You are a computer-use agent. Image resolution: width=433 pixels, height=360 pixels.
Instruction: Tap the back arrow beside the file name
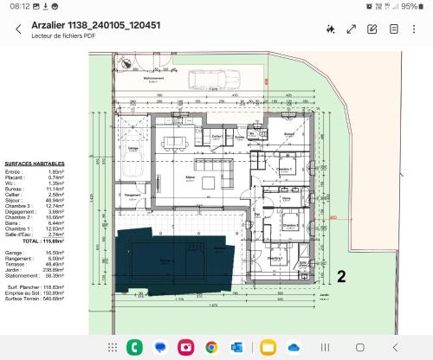pyautogui.click(x=18, y=29)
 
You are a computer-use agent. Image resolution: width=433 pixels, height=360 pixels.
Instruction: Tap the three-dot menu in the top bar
pyautogui.click(x=417, y=29)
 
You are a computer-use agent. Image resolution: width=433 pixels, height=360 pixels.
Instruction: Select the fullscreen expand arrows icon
pyautogui.click(x=352, y=29)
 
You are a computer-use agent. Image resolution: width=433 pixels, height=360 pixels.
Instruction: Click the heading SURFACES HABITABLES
pyautogui.click(x=31, y=163)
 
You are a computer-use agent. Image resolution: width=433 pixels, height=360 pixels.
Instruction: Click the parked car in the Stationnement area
pyautogui.click(x=205, y=80)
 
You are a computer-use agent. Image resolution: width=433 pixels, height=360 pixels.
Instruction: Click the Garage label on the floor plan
pyautogui.click(x=134, y=148)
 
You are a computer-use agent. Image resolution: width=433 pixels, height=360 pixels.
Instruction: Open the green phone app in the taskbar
pyautogui.click(x=134, y=346)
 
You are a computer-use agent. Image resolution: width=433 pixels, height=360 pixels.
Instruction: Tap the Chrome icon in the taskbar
pyautogui.click(x=211, y=346)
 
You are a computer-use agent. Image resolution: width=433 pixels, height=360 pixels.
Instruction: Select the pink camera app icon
pyautogui.click(x=185, y=346)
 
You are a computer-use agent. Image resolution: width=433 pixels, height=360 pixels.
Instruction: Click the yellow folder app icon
pyautogui.click(x=267, y=346)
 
